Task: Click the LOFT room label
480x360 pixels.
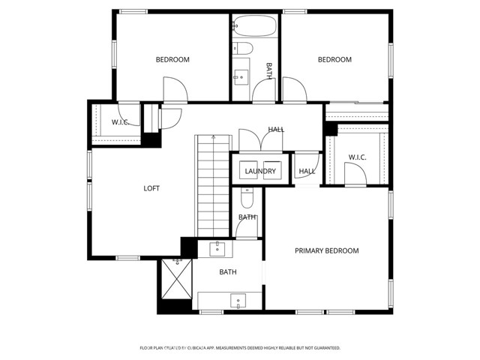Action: point(151,188)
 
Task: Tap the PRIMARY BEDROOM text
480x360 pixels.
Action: point(326,250)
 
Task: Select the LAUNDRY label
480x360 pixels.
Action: point(260,172)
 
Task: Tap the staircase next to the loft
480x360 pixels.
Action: point(211,185)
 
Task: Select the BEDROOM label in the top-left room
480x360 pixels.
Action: point(172,60)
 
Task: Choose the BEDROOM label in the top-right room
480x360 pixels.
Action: point(334,60)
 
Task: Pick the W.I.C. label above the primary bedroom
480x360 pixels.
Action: point(357,157)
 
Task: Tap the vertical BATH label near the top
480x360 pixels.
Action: point(268,70)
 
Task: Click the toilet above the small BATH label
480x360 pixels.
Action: point(247,198)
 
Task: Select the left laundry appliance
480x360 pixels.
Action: point(249,171)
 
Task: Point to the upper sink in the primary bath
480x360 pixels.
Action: point(217,248)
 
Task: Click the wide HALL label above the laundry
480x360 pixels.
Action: point(276,130)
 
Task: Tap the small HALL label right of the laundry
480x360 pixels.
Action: point(307,172)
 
